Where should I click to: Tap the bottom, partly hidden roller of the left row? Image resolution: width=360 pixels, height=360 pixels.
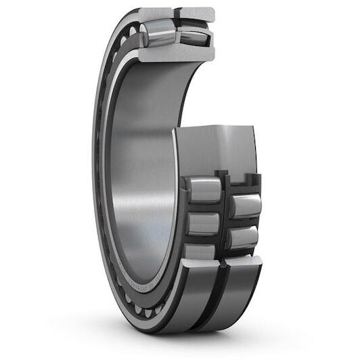click(x=201, y=251)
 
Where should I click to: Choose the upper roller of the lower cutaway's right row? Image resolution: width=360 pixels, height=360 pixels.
click(x=245, y=206)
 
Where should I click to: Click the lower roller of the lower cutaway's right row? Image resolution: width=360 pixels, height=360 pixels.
click(x=244, y=237)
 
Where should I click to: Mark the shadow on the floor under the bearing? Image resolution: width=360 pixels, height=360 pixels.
click(x=203, y=335)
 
